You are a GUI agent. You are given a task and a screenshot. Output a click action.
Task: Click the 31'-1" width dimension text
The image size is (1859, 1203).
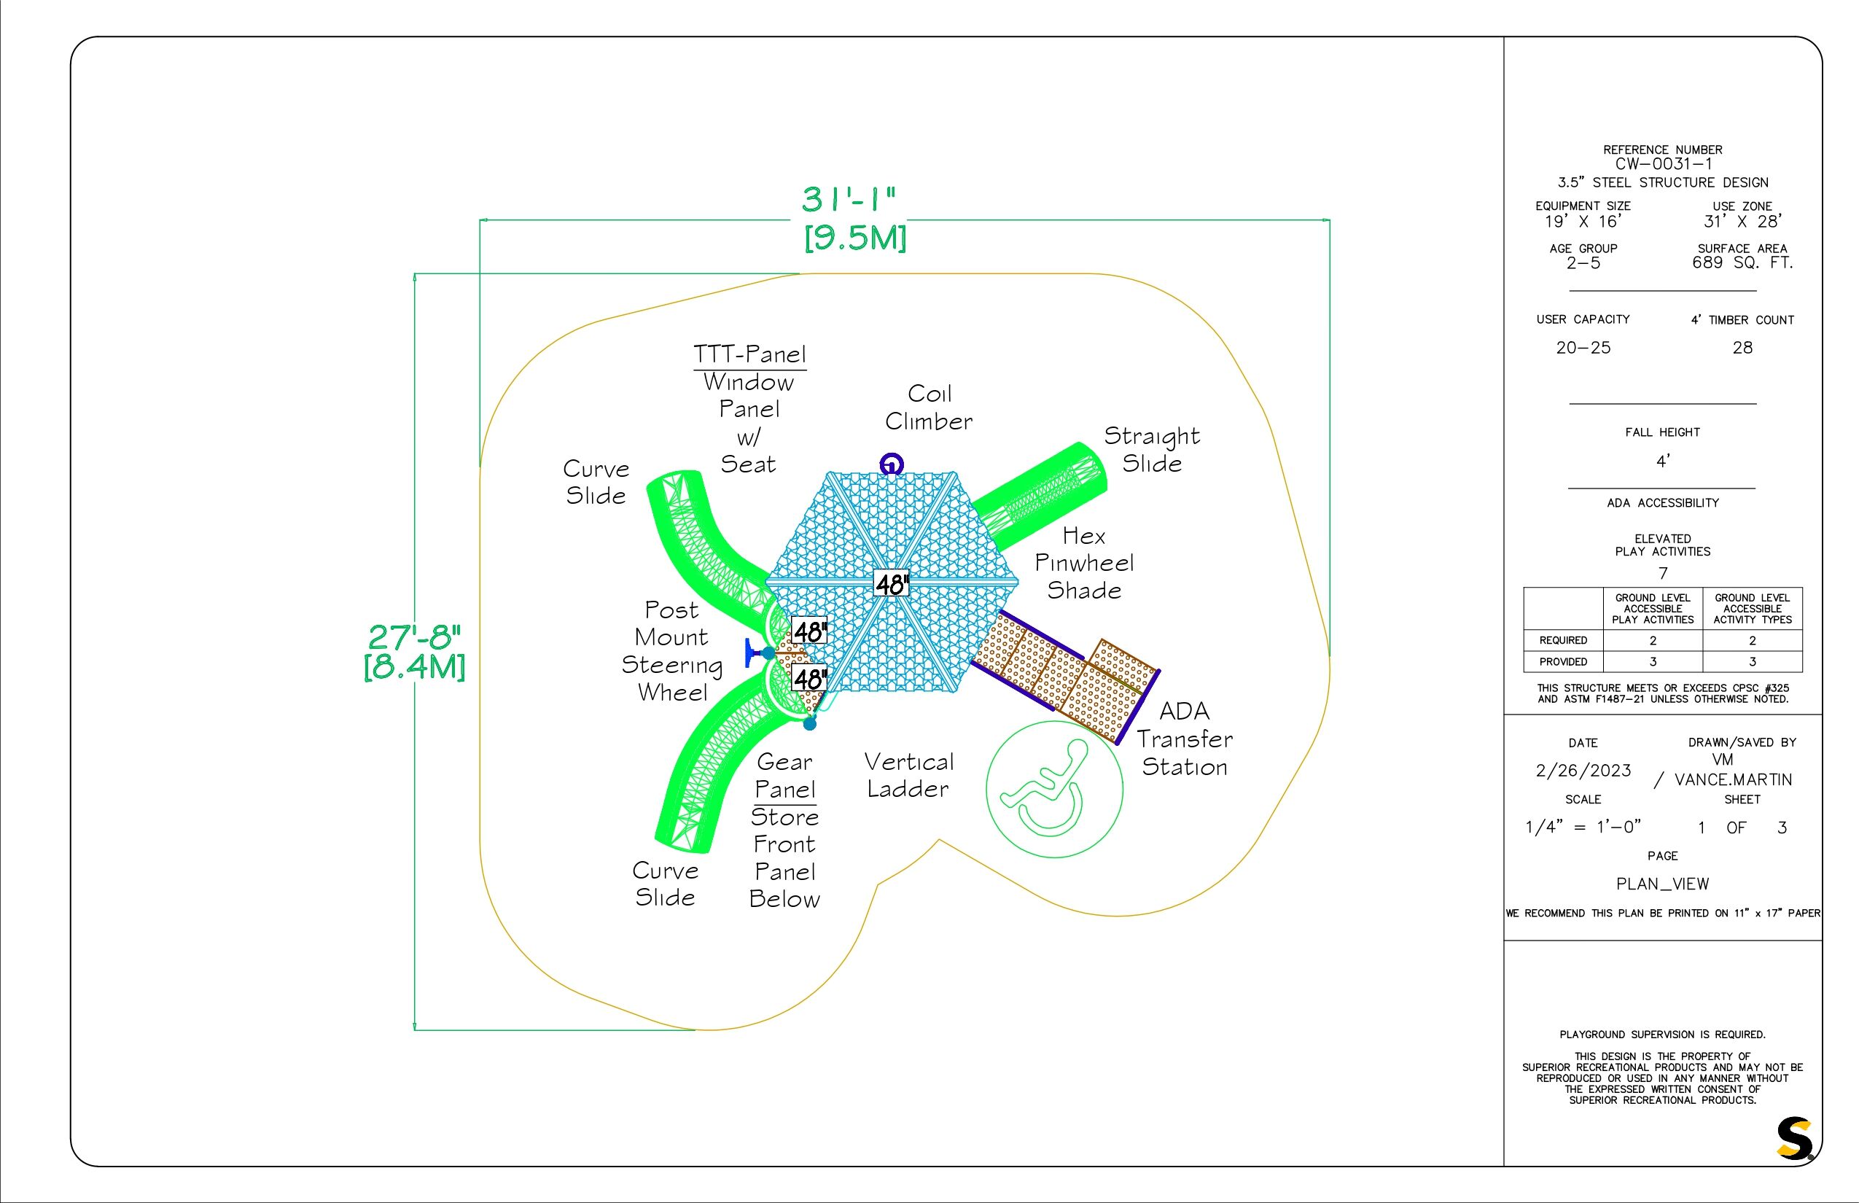849,199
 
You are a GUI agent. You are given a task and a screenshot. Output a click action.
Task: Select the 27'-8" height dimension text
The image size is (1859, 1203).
415,637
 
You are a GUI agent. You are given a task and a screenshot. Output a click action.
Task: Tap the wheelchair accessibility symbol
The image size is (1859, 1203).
1054,789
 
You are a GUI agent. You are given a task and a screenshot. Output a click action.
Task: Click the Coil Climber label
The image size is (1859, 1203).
929,407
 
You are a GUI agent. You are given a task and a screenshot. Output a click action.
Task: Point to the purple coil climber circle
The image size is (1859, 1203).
891,464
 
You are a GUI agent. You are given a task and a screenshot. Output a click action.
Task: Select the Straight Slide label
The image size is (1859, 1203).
1152,449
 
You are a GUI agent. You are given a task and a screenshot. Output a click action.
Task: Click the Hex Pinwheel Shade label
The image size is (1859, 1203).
1084,562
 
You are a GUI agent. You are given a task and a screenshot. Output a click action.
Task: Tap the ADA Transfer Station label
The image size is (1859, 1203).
1185,738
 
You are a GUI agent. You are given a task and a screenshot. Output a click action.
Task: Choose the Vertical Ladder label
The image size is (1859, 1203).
909,775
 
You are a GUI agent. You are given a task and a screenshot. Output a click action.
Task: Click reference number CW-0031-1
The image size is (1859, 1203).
1663,164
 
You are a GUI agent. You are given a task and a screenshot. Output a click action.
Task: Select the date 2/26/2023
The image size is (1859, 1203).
1583,770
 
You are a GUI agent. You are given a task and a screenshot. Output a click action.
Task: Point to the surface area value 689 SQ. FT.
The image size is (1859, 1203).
1742,262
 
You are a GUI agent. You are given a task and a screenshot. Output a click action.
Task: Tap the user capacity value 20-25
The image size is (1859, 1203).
1583,348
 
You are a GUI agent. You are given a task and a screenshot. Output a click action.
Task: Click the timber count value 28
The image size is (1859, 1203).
1742,348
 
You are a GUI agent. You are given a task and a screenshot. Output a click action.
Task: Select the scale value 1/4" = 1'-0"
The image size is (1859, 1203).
1583,827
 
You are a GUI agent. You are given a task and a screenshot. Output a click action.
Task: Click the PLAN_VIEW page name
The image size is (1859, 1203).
1663,884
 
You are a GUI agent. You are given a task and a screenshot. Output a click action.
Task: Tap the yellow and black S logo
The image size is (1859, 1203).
1794,1138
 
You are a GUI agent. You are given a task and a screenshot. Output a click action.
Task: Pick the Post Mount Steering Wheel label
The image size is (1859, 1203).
671,652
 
